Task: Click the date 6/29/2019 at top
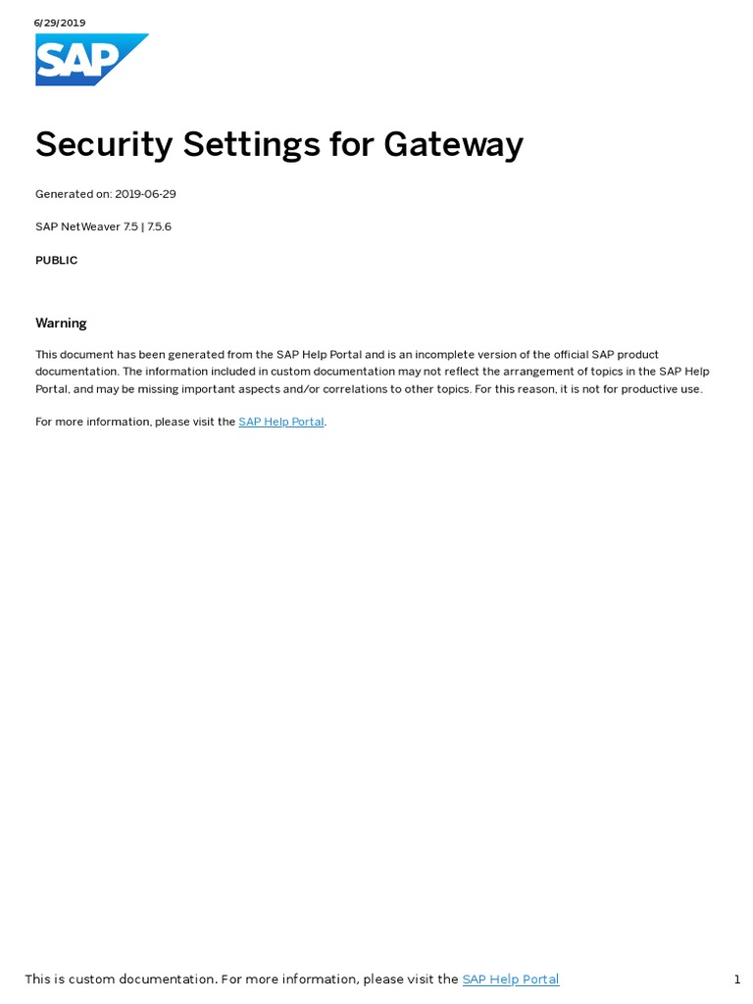60,23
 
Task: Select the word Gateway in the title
453,145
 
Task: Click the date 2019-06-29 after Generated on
146,194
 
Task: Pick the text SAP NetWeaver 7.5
86,226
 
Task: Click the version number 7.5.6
159,226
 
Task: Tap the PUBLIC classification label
57,261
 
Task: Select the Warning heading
61,324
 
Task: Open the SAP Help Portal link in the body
281,423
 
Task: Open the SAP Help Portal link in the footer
511,979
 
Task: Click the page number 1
736,979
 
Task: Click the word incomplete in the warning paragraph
457,355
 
